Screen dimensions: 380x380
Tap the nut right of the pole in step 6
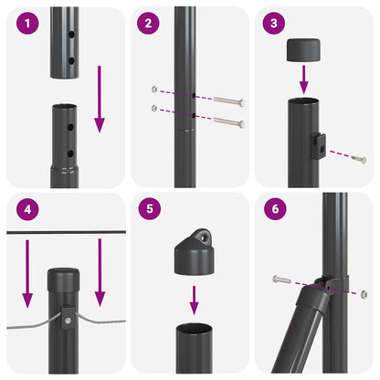(363, 293)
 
